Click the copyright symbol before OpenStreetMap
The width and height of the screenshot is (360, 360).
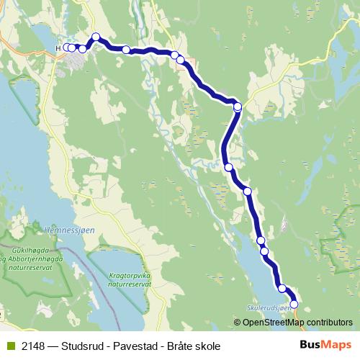click(238, 322)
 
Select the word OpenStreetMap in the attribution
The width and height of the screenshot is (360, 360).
click(273, 322)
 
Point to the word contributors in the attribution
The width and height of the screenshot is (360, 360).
click(329, 322)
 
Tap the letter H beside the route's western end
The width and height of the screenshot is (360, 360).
click(58, 48)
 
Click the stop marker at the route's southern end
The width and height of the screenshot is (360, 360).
click(294, 304)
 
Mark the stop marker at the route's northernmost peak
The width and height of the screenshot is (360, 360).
click(96, 37)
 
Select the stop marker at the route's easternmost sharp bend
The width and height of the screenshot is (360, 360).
click(238, 107)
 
